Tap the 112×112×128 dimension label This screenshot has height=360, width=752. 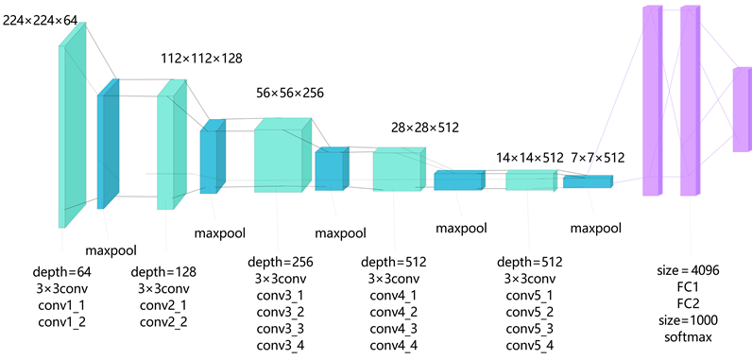click(x=201, y=59)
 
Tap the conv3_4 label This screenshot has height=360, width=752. click(x=279, y=346)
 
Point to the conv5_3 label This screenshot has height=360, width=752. click(x=529, y=329)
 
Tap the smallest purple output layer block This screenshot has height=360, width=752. click(x=741, y=109)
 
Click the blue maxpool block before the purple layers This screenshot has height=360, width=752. click(x=587, y=181)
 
